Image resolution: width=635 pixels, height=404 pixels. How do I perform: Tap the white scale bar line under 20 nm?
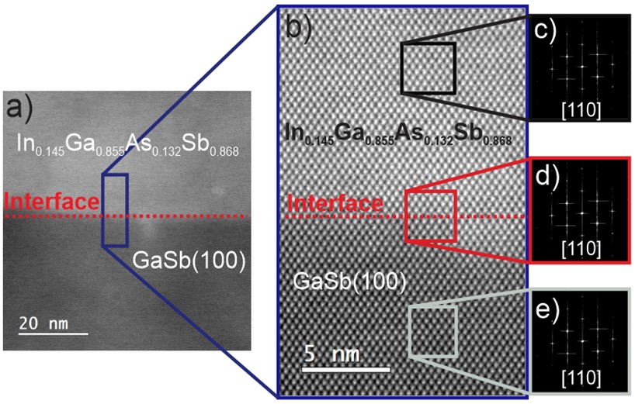tap(54, 335)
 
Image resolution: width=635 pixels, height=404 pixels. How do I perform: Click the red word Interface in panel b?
tap(335, 204)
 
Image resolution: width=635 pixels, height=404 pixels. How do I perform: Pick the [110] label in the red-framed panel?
tap(579, 248)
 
